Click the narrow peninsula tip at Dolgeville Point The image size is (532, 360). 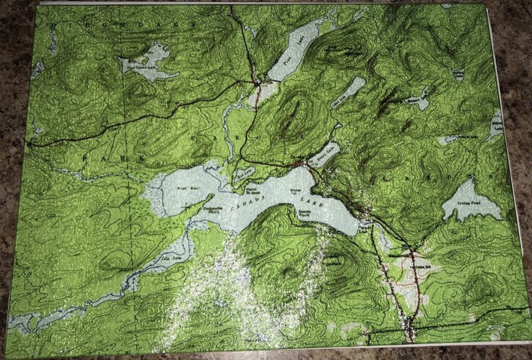click(x=212, y=196)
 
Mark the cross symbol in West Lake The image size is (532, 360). click(x=185, y=206)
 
